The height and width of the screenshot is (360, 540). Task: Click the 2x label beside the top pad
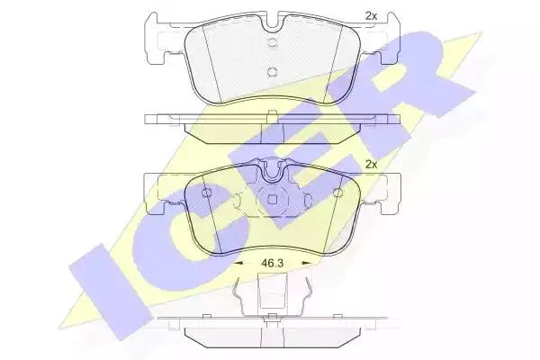[x=371, y=16]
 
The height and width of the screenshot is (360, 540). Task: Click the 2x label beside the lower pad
[x=371, y=165]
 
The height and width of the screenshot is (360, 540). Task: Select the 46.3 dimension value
[x=273, y=264]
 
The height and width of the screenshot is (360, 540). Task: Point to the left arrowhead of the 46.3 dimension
[x=238, y=263]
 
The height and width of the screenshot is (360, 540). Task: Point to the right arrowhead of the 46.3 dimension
[x=306, y=263]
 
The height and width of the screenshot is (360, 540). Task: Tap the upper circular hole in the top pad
[x=272, y=42]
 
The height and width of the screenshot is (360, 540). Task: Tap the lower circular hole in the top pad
[x=272, y=72]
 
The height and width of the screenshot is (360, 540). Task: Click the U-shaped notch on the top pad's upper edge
[x=272, y=22]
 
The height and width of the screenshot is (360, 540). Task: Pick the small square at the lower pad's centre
[x=273, y=200]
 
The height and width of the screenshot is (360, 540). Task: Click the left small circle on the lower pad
[x=207, y=193]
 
